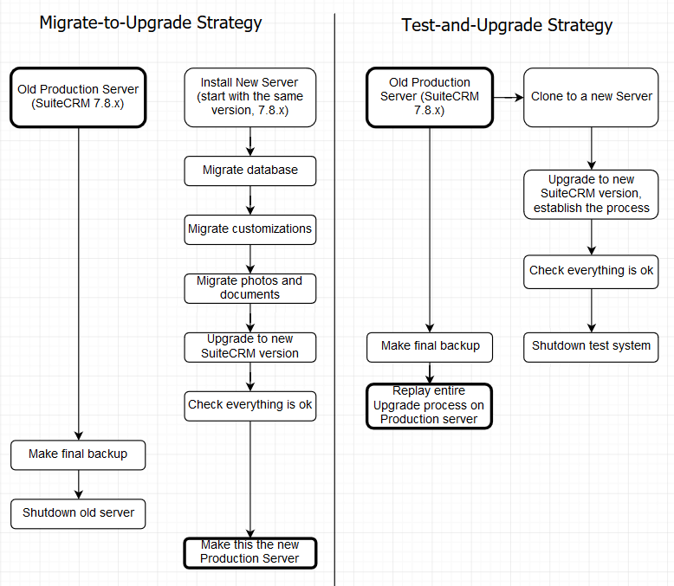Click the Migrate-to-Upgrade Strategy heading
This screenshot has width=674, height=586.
[151, 23]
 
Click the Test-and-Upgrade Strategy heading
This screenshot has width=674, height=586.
[507, 25]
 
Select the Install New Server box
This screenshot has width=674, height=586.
[250, 97]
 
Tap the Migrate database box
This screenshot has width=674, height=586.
[250, 171]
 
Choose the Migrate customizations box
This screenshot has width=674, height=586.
[250, 229]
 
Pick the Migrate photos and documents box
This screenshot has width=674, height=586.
[250, 287]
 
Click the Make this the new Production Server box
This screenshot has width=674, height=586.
[250, 552]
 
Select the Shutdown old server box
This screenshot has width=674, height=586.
[79, 512]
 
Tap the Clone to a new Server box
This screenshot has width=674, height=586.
[591, 97]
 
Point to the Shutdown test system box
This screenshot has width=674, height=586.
[591, 345]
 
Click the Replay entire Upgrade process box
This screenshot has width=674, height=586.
[429, 405]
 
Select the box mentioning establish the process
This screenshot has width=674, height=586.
[591, 194]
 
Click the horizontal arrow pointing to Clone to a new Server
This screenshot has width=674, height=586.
[508, 98]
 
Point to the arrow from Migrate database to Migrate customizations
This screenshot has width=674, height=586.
[250, 200]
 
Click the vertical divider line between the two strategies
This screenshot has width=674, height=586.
[334, 294]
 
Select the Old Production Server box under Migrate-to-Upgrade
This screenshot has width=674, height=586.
[78, 96]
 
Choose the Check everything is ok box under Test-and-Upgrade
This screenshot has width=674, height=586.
[591, 271]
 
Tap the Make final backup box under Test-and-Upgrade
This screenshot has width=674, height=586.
[429, 346]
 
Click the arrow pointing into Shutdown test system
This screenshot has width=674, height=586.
[592, 310]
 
